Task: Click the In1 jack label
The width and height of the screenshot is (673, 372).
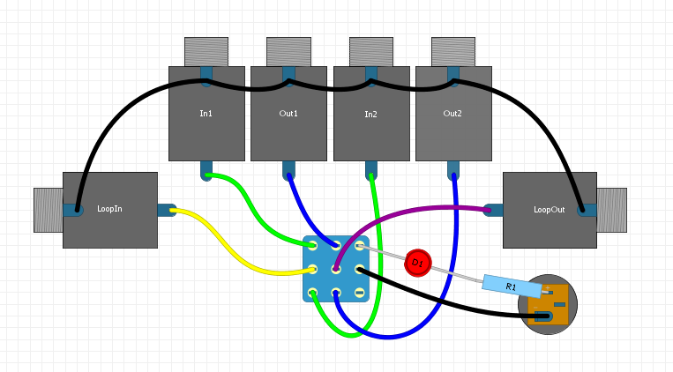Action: click(x=206, y=114)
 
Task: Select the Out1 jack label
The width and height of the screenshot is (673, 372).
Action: click(x=288, y=114)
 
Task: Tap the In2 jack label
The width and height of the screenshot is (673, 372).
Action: click(x=370, y=114)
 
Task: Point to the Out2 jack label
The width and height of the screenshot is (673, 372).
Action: click(x=452, y=114)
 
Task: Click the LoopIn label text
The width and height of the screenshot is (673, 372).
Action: click(x=109, y=210)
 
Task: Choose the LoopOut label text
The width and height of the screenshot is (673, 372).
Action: click(x=549, y=210)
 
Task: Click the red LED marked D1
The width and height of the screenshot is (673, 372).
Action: click(x=417, y=263)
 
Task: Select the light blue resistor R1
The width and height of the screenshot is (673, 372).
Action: click(x=511, y=286)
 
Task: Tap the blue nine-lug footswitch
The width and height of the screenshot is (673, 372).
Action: click(x=336, y=269)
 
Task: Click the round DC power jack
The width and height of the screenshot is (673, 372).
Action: click(x=548, y=304)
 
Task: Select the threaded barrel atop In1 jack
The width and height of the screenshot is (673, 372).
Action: click(x=206, y=51)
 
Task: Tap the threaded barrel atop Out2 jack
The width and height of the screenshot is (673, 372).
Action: click(x=452, y=51)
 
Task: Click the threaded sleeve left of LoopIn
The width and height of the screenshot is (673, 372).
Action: click(x=48, y=210)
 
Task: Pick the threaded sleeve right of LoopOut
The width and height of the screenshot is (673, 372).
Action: click(x=611, y=210)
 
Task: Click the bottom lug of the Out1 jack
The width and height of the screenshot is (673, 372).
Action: click(x=288, y=169)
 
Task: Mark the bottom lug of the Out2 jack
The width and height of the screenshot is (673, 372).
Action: click(x=453, y=169)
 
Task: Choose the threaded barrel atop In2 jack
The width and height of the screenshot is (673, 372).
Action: click(x=370, y=51)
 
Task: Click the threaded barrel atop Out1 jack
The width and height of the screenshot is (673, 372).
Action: click(x=288, y=51)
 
